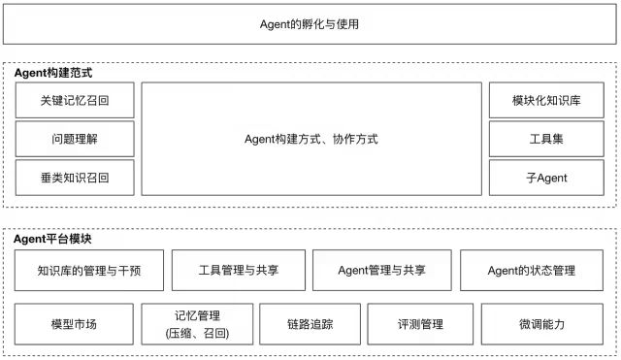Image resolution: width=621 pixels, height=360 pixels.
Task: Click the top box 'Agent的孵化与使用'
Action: pyautogui.click(x=310, y=24)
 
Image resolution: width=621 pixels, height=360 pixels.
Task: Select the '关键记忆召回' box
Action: pyautogui.click(x=74, y=100)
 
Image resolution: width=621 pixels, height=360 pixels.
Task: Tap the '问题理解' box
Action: pyautogui.click(x=74, y=139)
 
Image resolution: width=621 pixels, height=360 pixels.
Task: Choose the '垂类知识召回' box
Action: pyautogui.click(x=74, y=178)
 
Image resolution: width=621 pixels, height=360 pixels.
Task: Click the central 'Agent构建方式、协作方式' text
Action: pyautogui.click(x=310, y=139)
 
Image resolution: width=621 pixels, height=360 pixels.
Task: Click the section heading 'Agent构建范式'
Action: pyautogui.click(x=60, y=73)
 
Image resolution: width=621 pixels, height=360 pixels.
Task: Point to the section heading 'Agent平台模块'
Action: pyautogui.click(x=60, y=238)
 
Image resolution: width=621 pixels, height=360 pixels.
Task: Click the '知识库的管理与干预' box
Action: pyautogui.click(x=88, y=271)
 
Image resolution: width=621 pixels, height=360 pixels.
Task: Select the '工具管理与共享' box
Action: pyautogui.click(x=238, y=271)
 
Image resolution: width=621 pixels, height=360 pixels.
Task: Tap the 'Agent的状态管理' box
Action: pyautogui.click(x=532, y=271)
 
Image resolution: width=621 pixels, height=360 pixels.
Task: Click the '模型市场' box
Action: pyautogui.click(x=74, y=324)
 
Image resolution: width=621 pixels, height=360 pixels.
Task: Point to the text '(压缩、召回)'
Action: pyautogui.click(x=198, y=333)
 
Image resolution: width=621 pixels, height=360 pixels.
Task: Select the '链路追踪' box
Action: pyautogui.click(x=310, y=324)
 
